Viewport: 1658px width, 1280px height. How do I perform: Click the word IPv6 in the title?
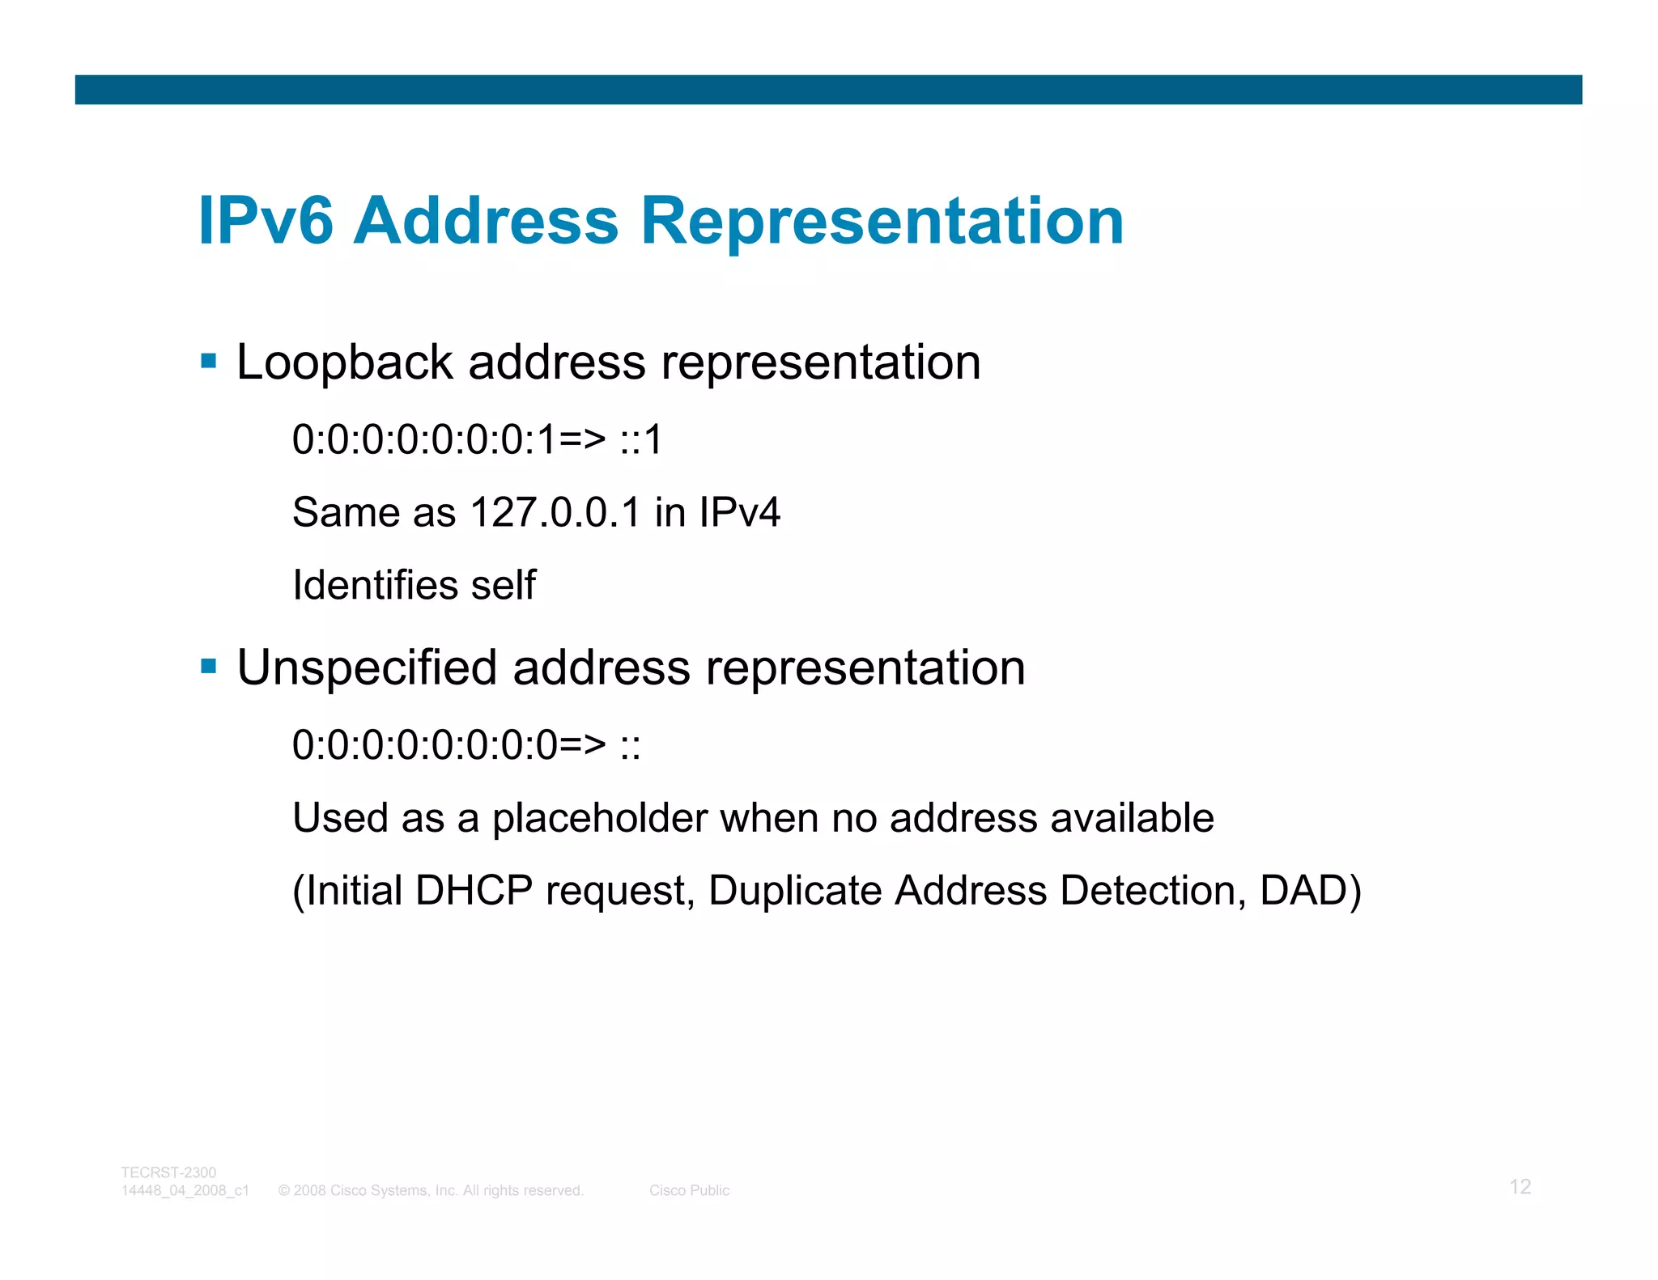266,221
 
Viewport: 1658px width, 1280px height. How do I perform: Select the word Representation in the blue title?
882,221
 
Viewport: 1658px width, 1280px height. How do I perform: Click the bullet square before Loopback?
209,361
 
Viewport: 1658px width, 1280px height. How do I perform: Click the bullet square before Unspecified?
209,667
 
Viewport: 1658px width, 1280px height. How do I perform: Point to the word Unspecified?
367,668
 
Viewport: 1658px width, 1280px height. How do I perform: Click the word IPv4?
739,512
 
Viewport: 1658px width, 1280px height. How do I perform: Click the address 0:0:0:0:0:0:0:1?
425,440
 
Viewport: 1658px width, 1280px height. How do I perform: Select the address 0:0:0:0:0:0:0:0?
425,745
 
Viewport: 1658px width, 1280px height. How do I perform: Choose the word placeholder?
599,818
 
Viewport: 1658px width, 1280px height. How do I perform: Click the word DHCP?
474,891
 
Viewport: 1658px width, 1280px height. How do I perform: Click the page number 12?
1520,1187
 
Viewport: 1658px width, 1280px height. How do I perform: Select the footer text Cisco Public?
689,1190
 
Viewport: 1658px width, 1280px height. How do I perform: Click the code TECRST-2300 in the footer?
168,1172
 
